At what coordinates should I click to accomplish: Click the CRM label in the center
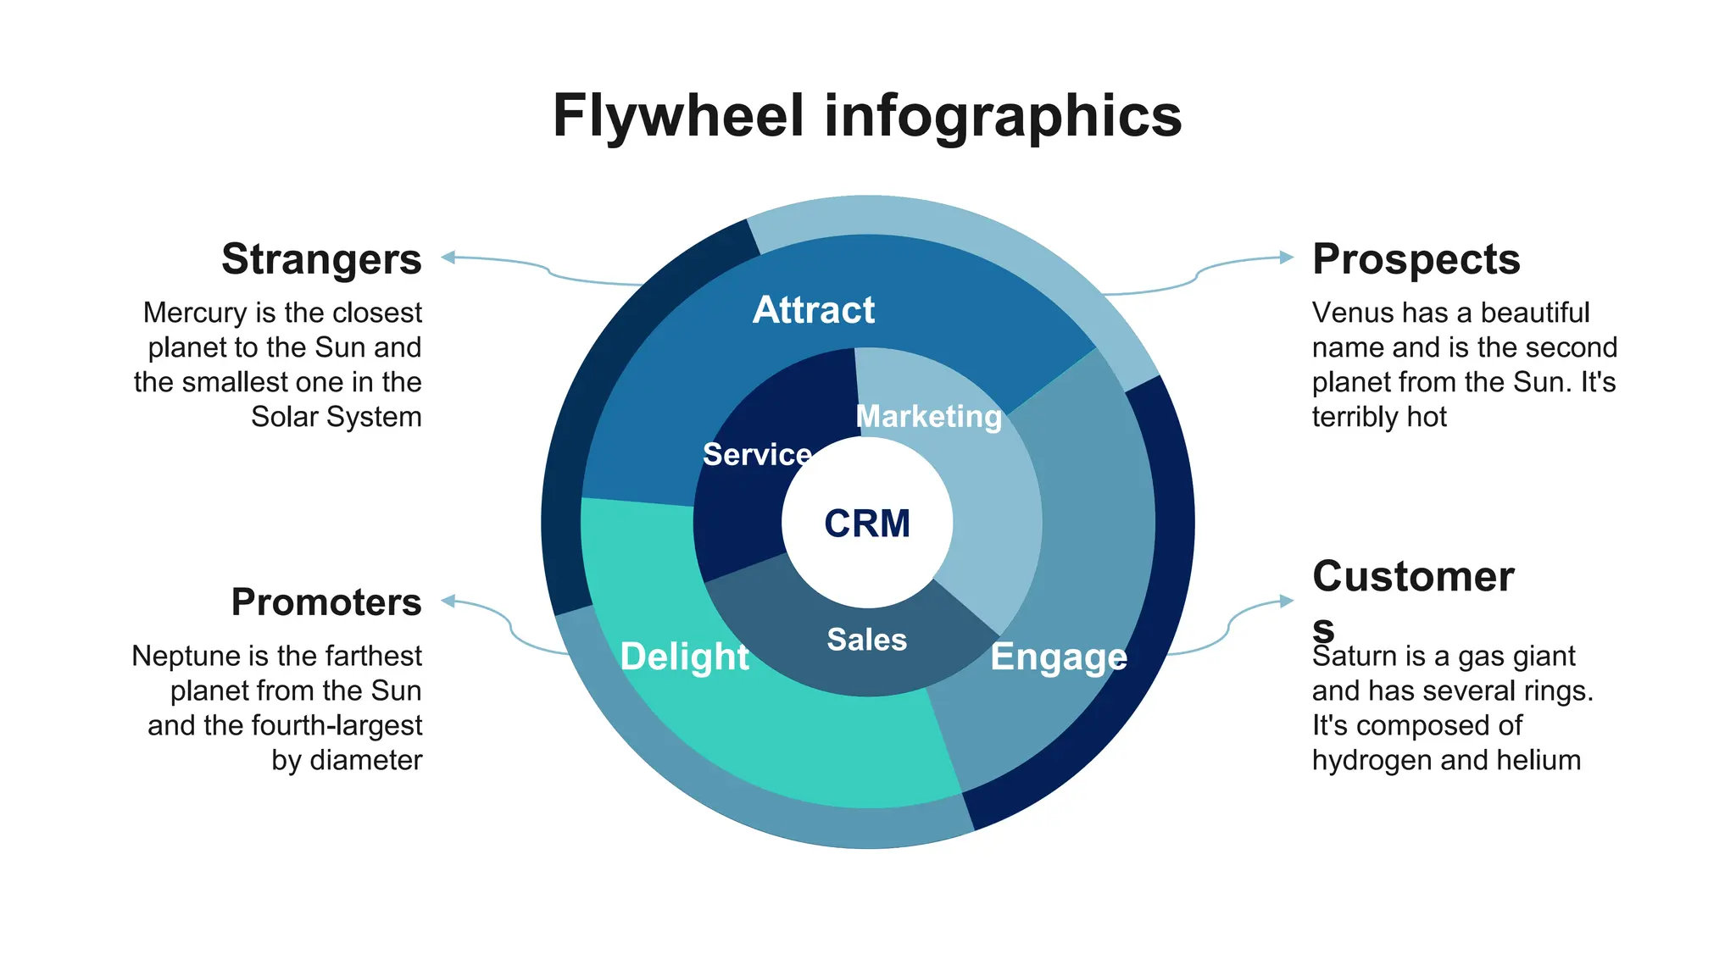click(867, 524)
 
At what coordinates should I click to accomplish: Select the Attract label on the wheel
click(813, 310)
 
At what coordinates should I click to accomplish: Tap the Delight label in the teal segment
click(684, 657)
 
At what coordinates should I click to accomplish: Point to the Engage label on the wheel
click(1059, 657)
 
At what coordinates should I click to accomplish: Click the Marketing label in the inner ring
click(929, 416)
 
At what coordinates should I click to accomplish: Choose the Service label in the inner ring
click(757, 455)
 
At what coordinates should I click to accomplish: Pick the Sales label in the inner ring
click(866, 640)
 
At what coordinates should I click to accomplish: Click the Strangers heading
click(321, 259)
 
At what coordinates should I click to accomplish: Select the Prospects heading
click(1416, 259)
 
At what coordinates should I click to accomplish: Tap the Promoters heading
click(326, 602)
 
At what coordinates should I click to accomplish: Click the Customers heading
click(1412, 578)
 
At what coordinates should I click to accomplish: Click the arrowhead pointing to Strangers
click(448, 257)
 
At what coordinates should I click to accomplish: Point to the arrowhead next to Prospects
click(1287, 257)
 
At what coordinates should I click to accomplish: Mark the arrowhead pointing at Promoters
click(448, 601)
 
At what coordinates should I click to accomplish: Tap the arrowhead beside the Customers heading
click(1287, 601)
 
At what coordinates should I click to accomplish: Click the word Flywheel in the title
click(677, 116)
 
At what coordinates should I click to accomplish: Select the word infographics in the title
click(1003, 116)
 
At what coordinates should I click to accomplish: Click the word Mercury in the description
click(194, 313)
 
